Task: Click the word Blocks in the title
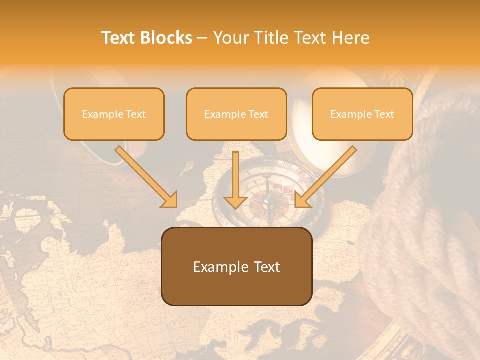(166, 38)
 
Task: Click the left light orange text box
(114, 114)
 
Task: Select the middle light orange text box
(236, 114)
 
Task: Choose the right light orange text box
(362, 114)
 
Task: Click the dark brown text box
(236, 266)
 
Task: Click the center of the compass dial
(269, 200)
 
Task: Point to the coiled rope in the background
(425, 225)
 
